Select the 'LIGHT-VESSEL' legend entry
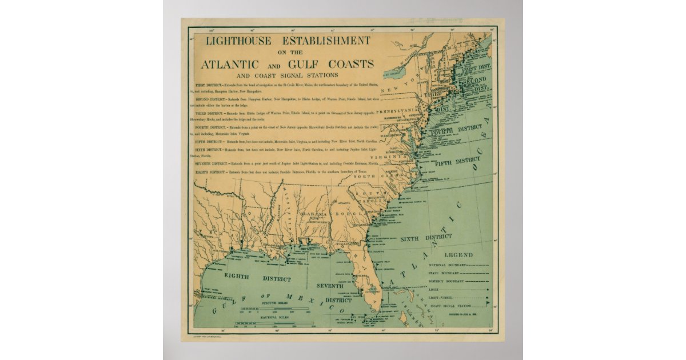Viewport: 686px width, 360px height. (x=441, y=298)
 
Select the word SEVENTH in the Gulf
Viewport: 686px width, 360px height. (x=330, y=285)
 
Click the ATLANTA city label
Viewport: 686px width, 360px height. (x=344, y=203)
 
